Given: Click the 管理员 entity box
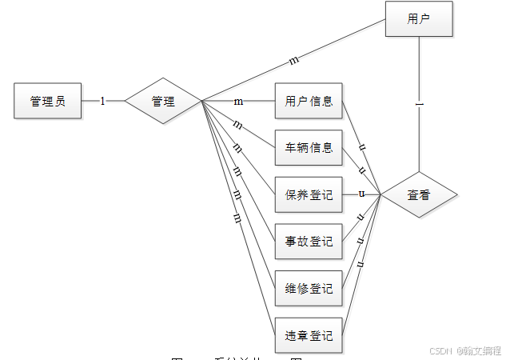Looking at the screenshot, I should coord(48,101).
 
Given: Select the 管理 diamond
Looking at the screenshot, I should coord(164,101).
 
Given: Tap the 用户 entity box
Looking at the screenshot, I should coord(419,19).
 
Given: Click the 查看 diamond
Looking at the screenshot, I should coord(419,194).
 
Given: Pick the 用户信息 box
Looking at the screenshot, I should coord(309,102).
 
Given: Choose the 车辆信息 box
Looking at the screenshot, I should coord(309,147).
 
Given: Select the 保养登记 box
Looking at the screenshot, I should coord(309,194).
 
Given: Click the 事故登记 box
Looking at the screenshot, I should coord(309,240).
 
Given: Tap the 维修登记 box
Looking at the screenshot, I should coord(309,288).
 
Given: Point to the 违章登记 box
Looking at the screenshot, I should coord(309,335).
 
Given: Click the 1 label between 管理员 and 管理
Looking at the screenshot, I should coord(102,101).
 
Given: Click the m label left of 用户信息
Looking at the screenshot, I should coord(238,102).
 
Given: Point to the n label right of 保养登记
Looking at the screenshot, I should coord(361,194).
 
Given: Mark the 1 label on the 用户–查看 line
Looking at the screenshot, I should coord(419,103).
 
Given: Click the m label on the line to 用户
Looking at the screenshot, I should coord(293,60).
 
